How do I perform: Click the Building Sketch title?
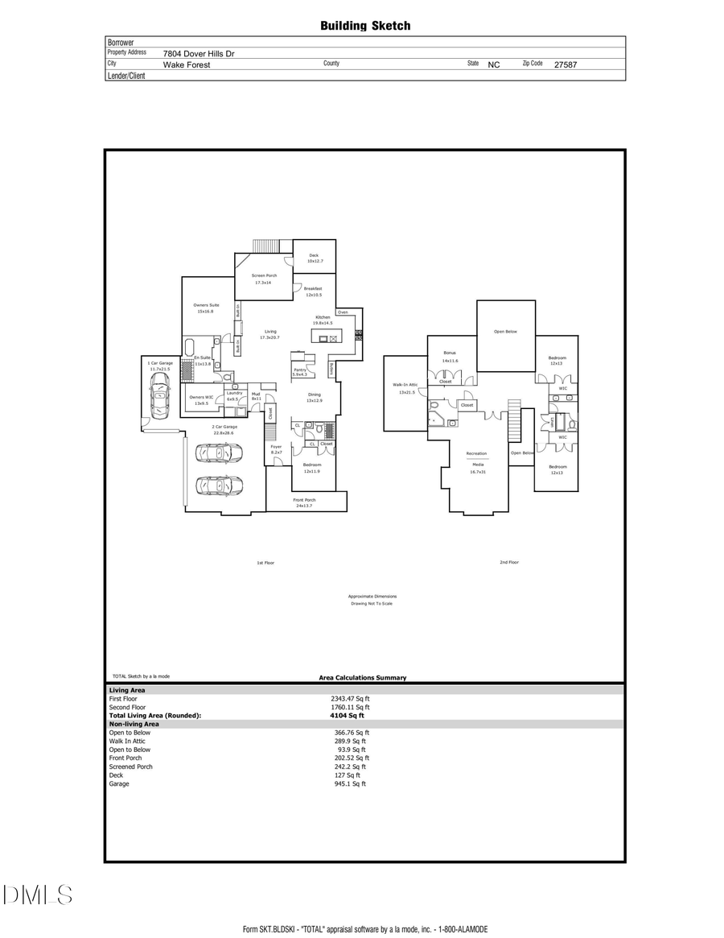(365, 26)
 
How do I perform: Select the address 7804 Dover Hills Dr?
(199, 54)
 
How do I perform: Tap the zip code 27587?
(566, 64)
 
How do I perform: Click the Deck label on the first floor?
(314, 256)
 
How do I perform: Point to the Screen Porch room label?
(264, 275)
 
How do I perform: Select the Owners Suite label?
(206, 305)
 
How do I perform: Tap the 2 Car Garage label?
(224, 427)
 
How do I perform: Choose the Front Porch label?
(304, 500)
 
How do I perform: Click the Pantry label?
(299, 370)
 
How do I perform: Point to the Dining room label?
(314, 395)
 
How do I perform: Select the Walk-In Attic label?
(405, 385)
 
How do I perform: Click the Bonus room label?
(450, 353)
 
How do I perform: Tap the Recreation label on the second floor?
(476, 453)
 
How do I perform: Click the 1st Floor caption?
(265, 563)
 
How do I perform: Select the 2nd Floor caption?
(508, 562)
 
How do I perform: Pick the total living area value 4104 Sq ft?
(347, 715)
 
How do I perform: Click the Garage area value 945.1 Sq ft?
(350, 783)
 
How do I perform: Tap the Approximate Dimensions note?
(372, 597)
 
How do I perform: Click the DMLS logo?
(38, 895)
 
